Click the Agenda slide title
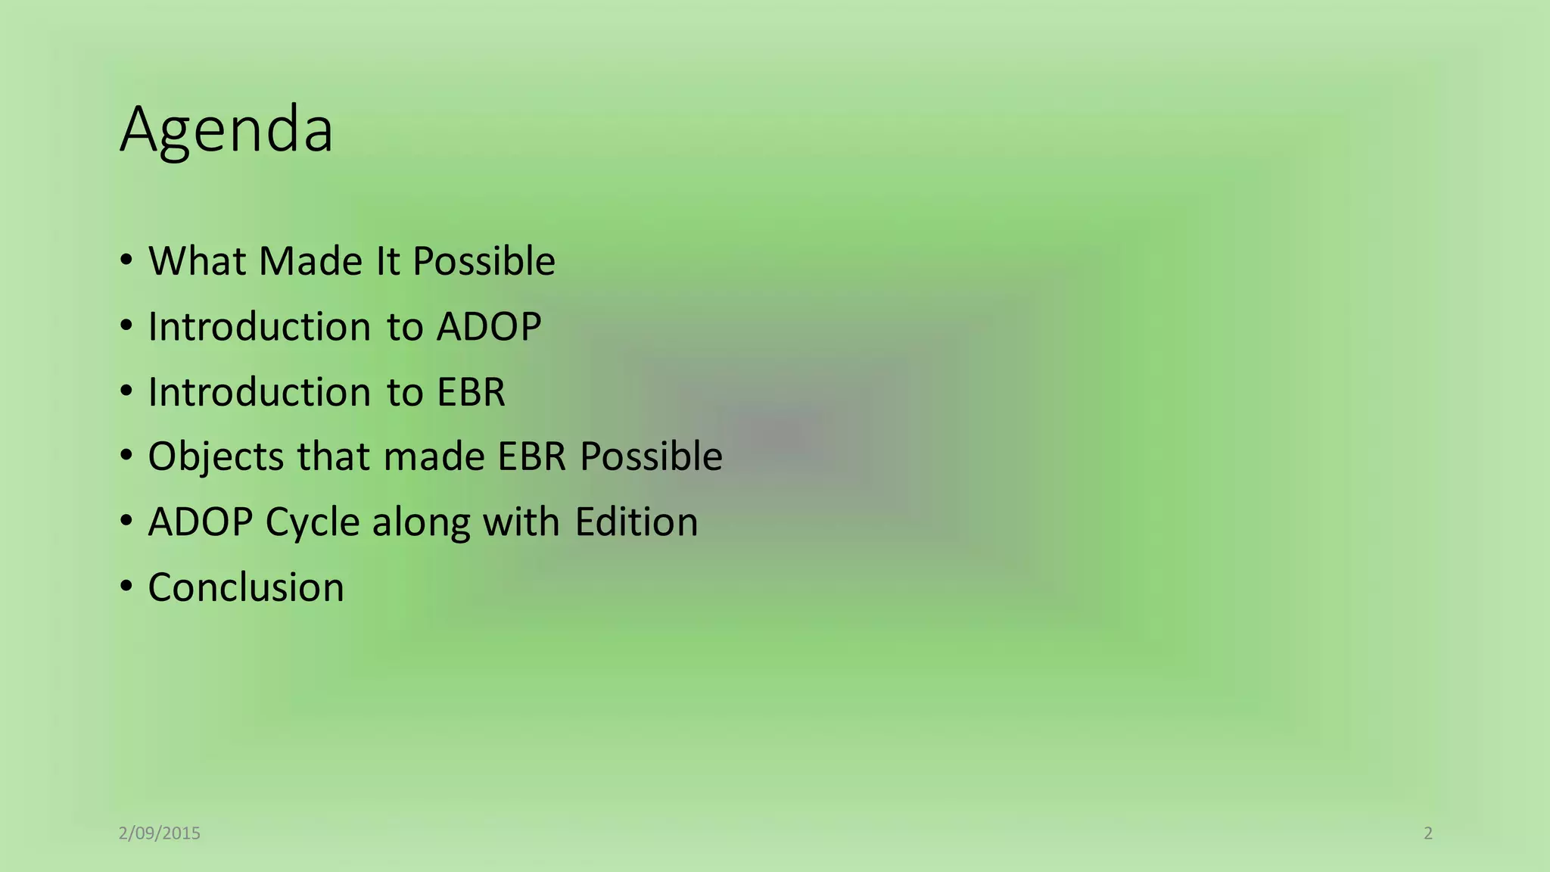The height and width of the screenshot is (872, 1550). [x=226, y=130]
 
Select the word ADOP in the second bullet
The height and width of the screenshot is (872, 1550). [x=489, y=327]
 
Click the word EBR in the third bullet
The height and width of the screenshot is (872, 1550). [x=471, y=392]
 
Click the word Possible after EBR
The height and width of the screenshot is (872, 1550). [x=651, y=457]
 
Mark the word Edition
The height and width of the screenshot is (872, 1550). [x=636, y=522]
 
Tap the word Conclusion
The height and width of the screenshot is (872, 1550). [x=246, y=587]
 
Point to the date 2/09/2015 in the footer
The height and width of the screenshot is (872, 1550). [x=160, y=833]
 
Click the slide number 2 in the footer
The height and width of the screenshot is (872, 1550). [x=1428, y=833]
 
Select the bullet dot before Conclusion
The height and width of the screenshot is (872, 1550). [x=126, y=587]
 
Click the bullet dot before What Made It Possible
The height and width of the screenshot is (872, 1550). [x=126, y=260]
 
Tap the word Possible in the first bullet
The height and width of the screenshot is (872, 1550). [x=484, y=261]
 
